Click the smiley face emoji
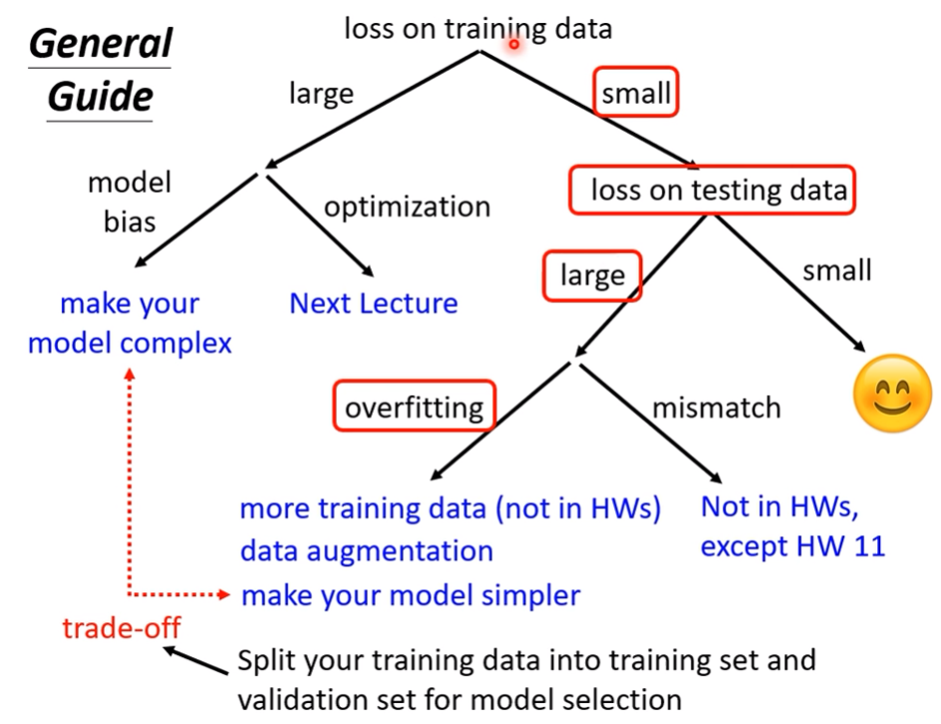[892, 393]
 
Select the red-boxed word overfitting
[414, 408]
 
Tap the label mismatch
[717, 408]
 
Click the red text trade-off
[122, 628]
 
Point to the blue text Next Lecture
[373, 303]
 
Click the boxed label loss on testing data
[719, 190]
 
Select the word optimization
[408, 207]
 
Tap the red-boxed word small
[636, 93]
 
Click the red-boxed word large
[592, 276]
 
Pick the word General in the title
[101, 43]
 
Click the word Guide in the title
[101, 97]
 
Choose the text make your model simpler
[411, 596]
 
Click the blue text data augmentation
[367, 551]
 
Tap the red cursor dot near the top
[513, 44]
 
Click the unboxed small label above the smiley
[837, 270]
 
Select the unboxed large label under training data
[321, 95]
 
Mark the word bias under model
[130, 221]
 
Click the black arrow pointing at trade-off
[195, 660]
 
